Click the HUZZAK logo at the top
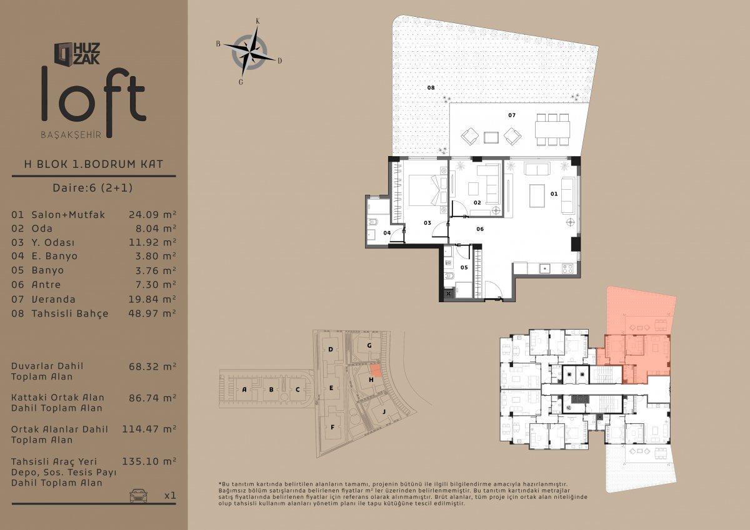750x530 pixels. (77, 54)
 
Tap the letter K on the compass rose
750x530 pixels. (257, 21)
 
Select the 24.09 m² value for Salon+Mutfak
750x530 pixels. (152, 214)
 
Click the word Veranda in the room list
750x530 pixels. (53, 299)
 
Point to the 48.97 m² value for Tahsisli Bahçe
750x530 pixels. (152, 313)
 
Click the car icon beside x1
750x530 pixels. (138, 495)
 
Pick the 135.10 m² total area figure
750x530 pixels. (149, 461)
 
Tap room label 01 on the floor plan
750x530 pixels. (554, 194)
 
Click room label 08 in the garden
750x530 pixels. (431, 87)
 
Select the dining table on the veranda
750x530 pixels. (552, 130)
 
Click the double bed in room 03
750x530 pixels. (428, 190)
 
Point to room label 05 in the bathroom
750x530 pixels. (464, 267)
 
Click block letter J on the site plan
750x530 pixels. (384, 411)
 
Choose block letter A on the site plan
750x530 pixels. (244, 389)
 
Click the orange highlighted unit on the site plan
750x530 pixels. (376, 371)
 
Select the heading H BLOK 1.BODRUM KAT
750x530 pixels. (94, 164)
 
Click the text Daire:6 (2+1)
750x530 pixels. (92, 187)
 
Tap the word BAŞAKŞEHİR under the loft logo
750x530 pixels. (71, 135)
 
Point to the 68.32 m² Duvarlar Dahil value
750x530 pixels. (152, 366)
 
